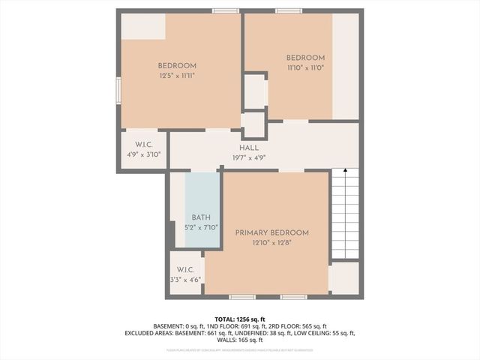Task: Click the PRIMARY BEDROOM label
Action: (x=271, y=233)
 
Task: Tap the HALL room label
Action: (x=250, y=148)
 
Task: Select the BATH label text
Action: (x=201, y=217)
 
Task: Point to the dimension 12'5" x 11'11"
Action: (x=177, y=76)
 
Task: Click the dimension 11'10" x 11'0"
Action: (x=305, y=68)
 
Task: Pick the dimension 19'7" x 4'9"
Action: (x=250, y=157)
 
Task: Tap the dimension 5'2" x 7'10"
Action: (x=201, y=226)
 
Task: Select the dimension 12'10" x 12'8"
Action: (x=271, y=243)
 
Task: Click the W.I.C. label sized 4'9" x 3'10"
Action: (x=144, y=144)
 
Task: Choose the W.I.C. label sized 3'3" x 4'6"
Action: (x=186, y=270)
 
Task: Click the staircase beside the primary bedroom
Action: (x=345, y=214)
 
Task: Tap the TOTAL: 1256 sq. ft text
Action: (x=240, y=318)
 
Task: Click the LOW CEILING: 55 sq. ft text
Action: (x=322, y=333)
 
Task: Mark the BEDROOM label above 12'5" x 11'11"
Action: (x=177, y=66)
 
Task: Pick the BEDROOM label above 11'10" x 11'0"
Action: (x=305, y=58)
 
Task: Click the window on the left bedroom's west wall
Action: (x=118, y=90)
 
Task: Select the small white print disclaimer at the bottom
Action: (x=240, y=349)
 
